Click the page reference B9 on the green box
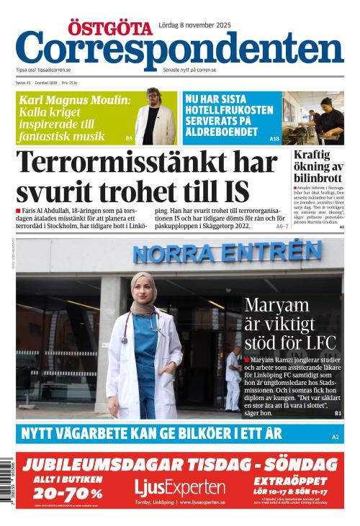(x=129, y=138)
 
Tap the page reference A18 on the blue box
(x=274, y=138)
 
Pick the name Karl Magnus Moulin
(x=74, y=100)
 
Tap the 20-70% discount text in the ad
(x=62, y=493)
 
